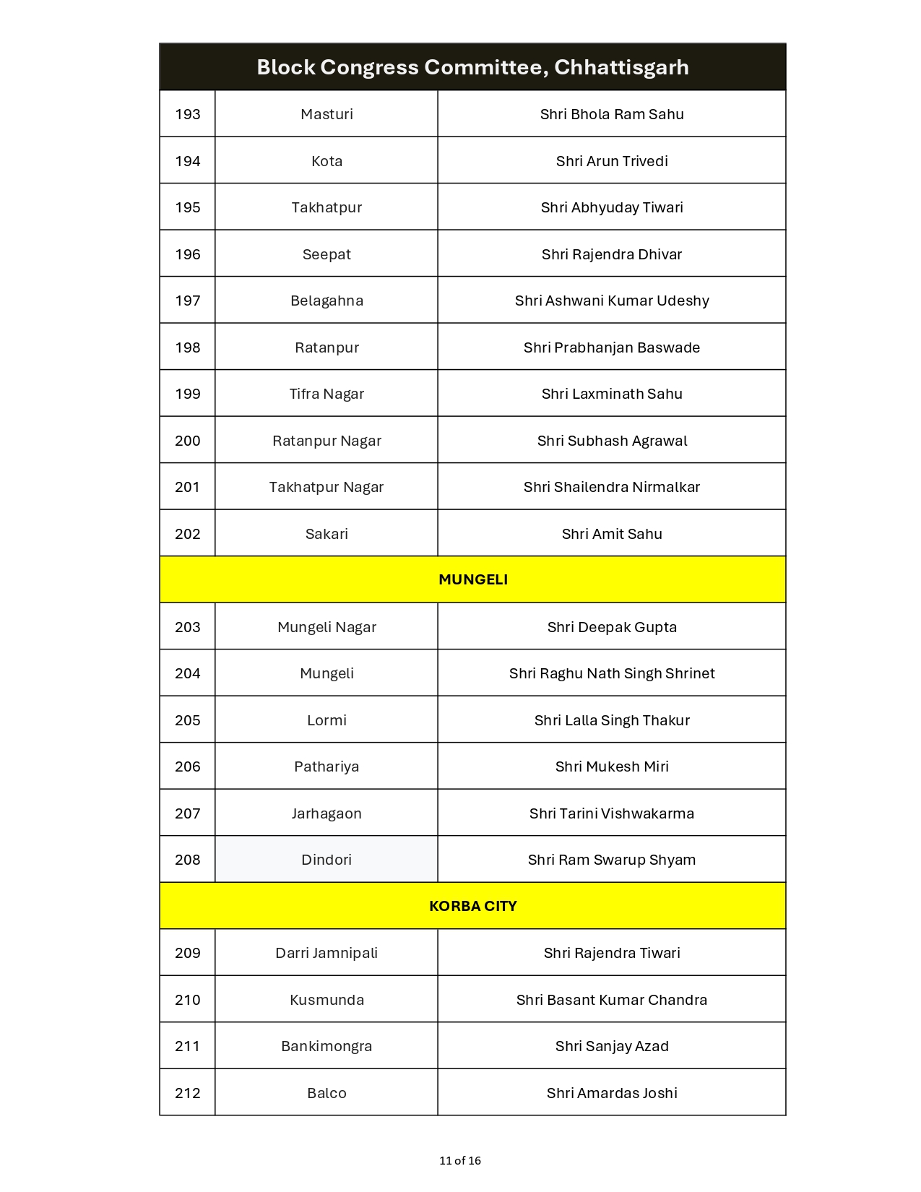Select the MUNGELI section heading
[473, 579]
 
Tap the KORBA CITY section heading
[473, 906]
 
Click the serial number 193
[188, 114]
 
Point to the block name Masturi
[327, 114]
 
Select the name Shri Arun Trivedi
[612, 161]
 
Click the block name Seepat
[327, 254]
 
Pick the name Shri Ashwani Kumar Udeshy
[612, 301]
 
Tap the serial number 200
[188, 441]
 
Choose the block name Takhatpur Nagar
[327, 487]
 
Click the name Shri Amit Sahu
[612, 534]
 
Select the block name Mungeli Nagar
[327, 627]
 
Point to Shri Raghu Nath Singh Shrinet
[612, 673]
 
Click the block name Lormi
[327, 720]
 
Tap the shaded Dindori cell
[327, 860]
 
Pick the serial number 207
[188, 813]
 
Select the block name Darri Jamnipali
[327, 953]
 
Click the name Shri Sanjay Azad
[612, 1046]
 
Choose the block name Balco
[327, 1093]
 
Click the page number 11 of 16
[460, 1161]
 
